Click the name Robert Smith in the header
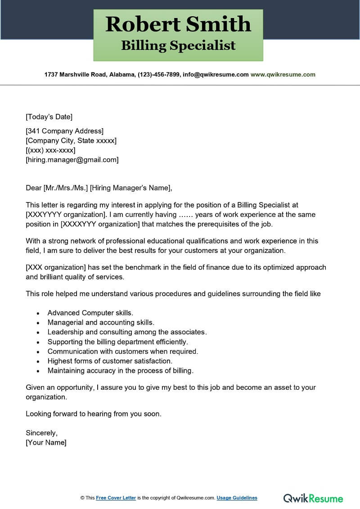178,25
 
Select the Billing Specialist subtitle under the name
178,45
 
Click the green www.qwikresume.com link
283,75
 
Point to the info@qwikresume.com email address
215,75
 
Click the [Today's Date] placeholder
49,117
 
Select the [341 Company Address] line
65,131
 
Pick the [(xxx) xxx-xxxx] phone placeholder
50,150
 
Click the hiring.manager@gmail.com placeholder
72,159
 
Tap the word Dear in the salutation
33,188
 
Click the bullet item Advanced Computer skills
90,313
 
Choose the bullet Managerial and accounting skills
101,322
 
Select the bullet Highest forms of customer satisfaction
110,361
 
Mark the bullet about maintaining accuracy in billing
120,371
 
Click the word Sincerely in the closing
41,433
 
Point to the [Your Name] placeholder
46,442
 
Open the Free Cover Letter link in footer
116,498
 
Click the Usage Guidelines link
237,498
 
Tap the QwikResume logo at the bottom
313,498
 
